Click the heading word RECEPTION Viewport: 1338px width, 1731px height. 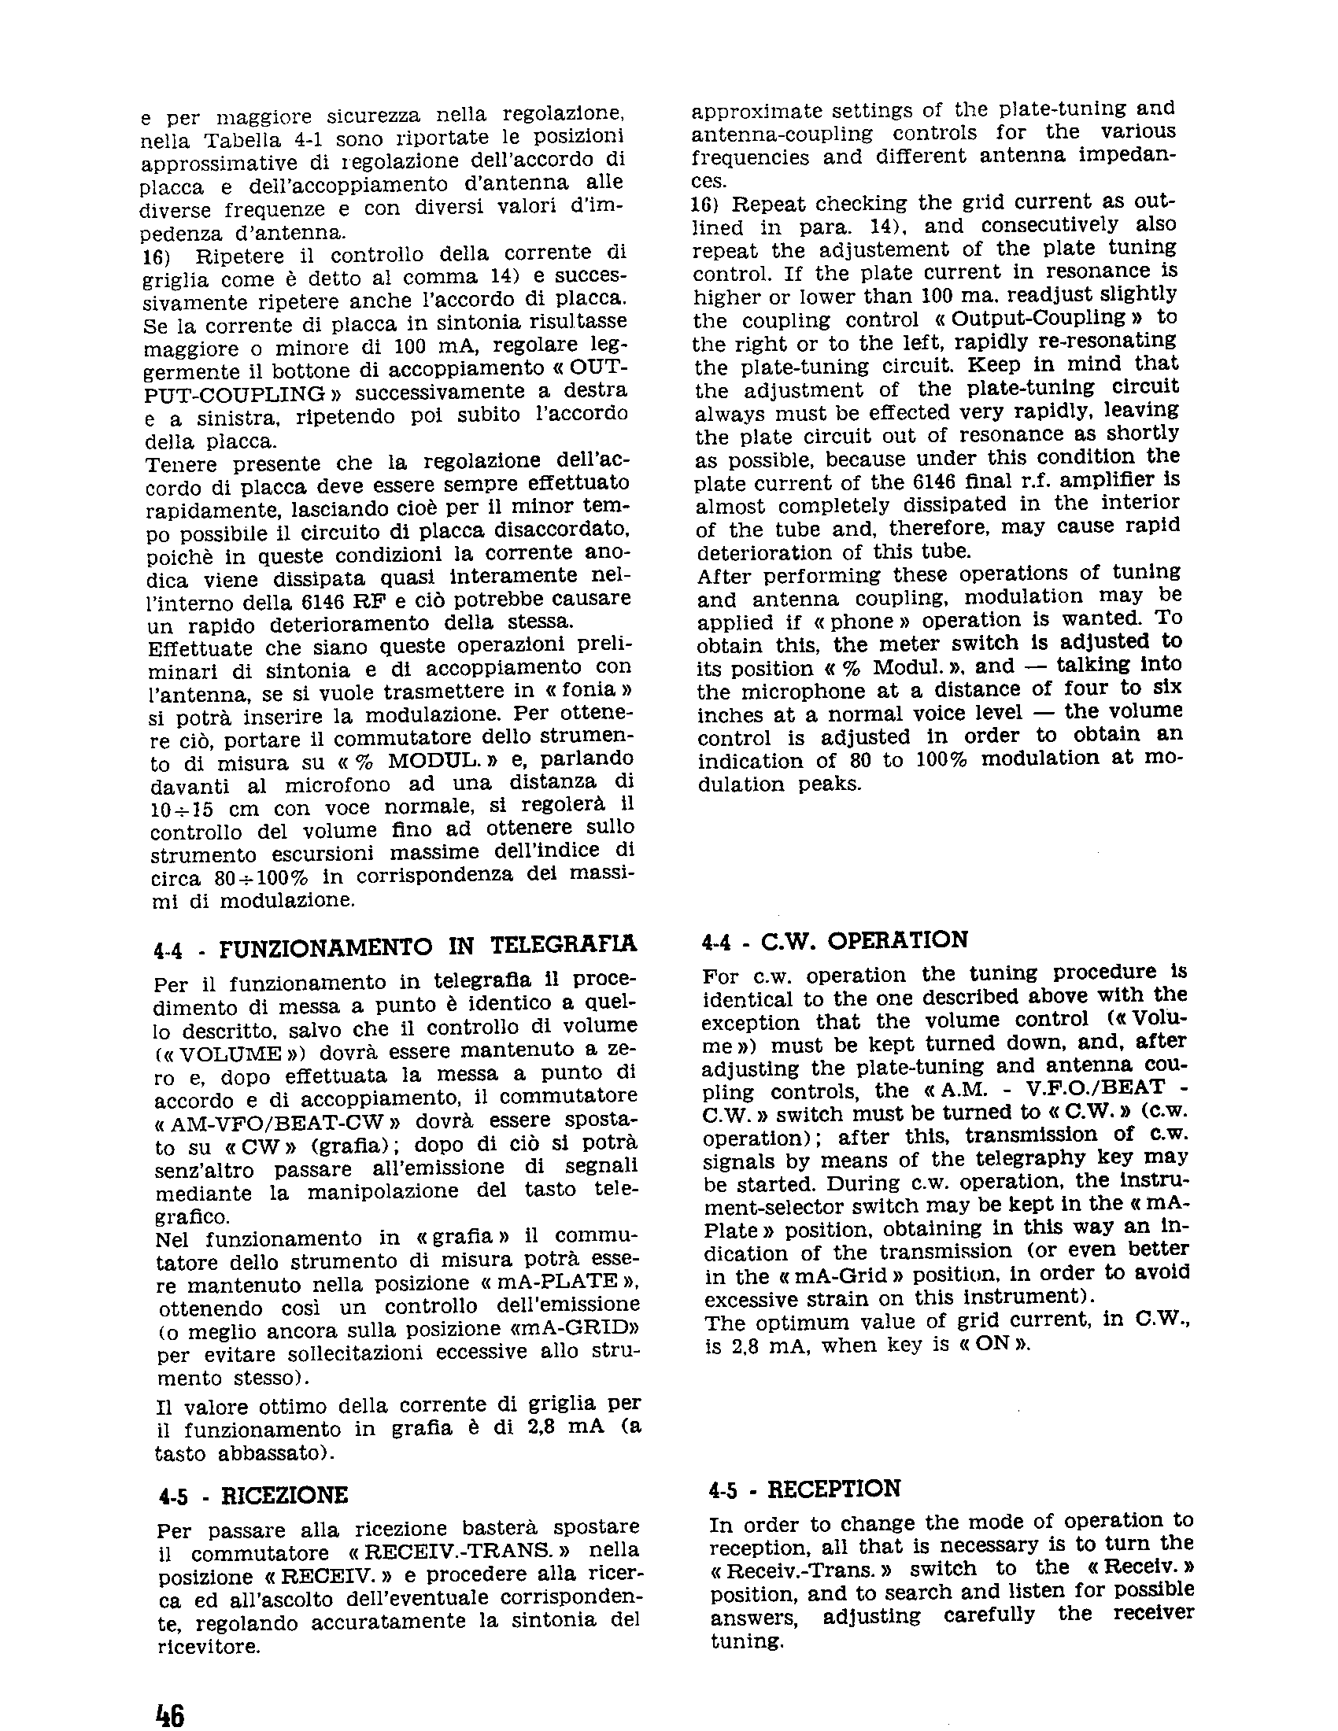833,1489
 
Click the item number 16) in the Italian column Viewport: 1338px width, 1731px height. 156,257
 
